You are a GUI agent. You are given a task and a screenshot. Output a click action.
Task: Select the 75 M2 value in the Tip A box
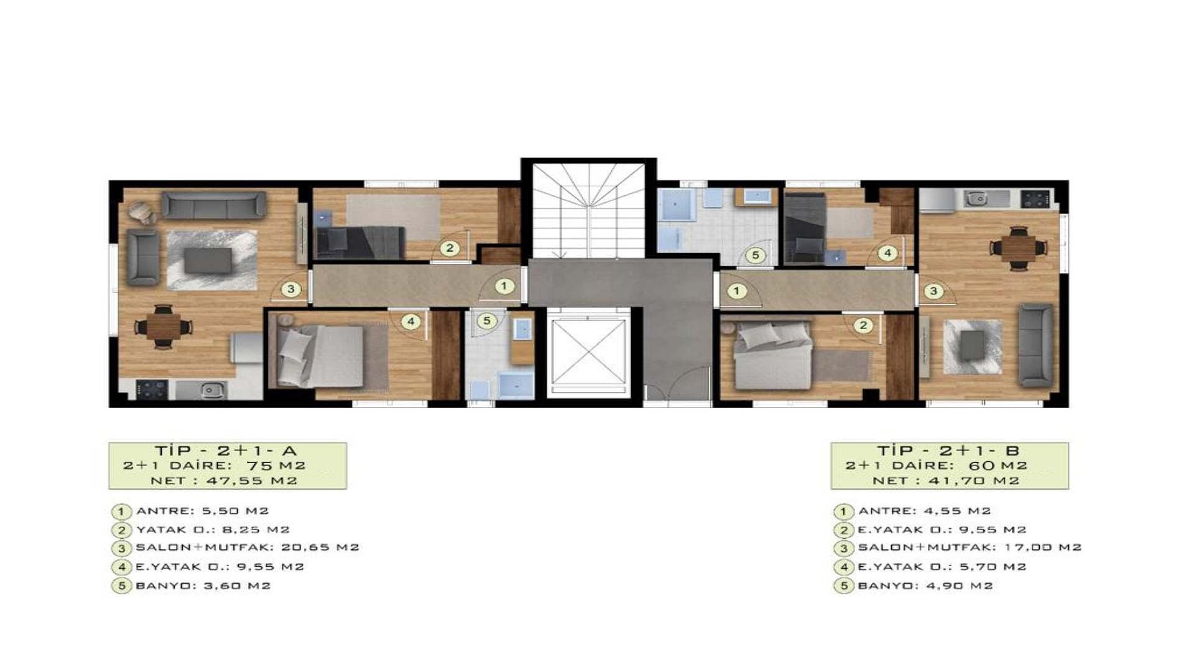tap(276, 465)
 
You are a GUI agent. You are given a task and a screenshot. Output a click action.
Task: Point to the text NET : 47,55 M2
tap(224, 481)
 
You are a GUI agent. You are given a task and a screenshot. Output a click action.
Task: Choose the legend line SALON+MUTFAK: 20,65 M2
tap(248, 548)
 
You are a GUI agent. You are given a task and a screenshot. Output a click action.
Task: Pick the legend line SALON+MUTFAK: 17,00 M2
tap(970, 548)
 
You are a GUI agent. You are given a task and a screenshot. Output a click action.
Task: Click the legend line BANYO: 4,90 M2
tap(925, 586)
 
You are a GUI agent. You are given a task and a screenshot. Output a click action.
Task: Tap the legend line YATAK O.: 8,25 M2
tap(213, 530)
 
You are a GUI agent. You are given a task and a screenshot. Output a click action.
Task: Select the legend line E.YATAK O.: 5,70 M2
tap(942, 567)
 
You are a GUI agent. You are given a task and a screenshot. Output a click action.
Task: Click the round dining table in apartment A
tap(164, 326)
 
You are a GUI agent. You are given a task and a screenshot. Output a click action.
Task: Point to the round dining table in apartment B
tap(1019, 248)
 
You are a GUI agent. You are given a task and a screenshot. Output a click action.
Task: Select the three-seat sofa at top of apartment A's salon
tap(214, 205)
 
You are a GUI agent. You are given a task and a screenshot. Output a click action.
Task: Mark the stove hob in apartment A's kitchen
tap(152, 390)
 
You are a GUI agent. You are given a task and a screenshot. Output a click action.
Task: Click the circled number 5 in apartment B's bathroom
tap(756, 254)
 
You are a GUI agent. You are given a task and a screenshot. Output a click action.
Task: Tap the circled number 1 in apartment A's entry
tap(504, 286)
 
